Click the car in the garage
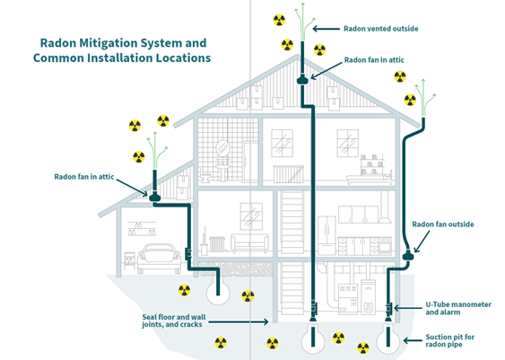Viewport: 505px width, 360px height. [158, 259]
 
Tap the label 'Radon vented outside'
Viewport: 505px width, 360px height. [380, 29]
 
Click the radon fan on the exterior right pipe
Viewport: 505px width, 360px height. [408, 256]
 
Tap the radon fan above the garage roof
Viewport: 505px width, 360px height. [154, 196]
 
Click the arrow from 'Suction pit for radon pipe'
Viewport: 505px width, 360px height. [405, 339]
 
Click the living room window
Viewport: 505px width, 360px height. [248, 216]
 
